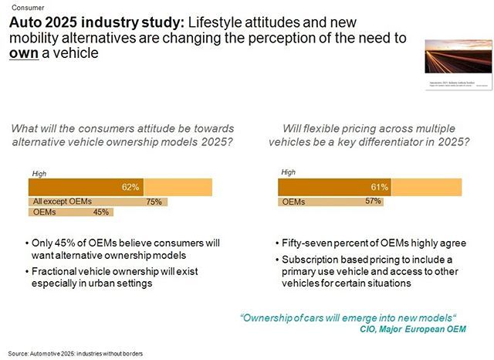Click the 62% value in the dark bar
tap(130, 187)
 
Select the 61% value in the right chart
tap(380, 187)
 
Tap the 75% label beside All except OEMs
tap(154, 202)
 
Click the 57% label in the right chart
tap(373, 202)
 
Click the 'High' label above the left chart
tap(39, 173)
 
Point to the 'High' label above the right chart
tap(289, 173)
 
